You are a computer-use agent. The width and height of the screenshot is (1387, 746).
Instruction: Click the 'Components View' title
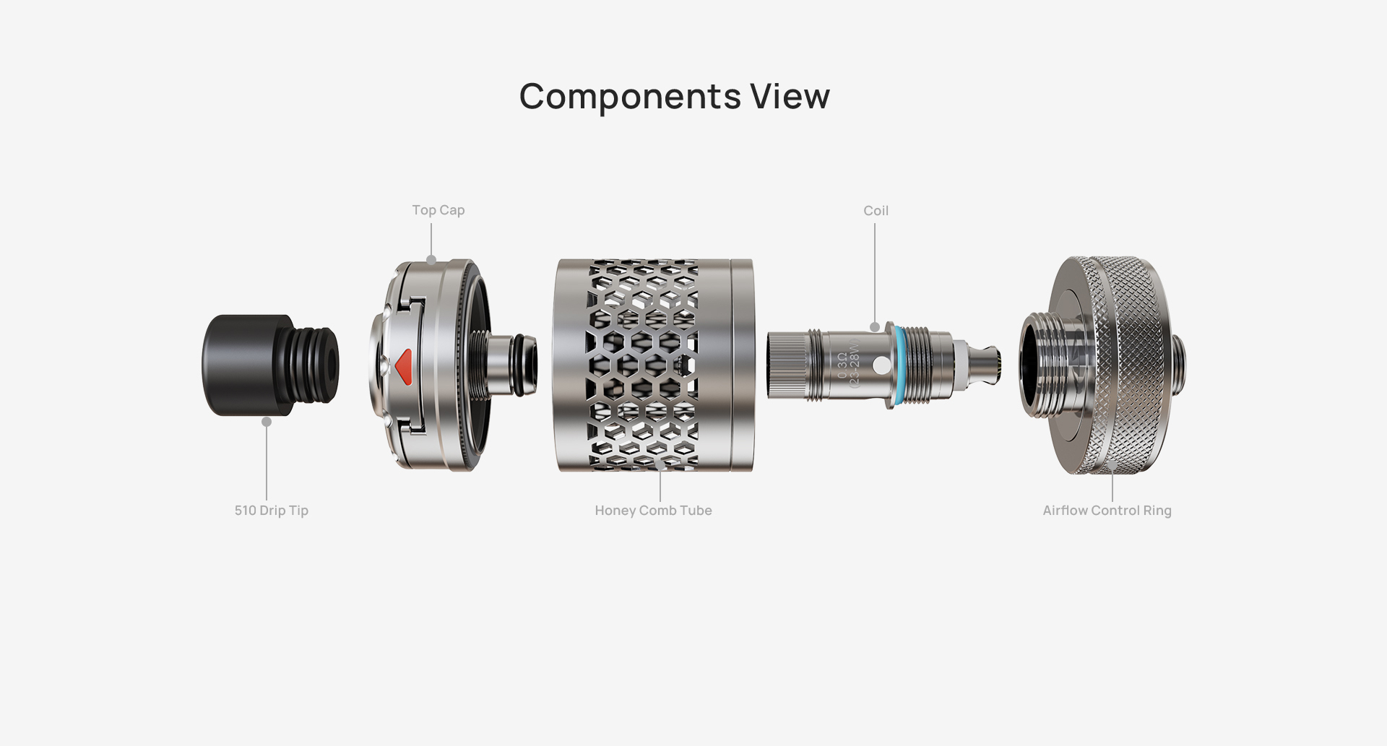(675, 97)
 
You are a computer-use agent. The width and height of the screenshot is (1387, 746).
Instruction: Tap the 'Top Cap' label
(438, 210)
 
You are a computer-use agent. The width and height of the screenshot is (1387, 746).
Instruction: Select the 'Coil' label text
(876, 211)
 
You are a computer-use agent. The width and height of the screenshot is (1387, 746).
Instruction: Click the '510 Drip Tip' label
(272, 511)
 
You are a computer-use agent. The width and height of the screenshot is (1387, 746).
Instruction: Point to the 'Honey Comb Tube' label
(654, 511)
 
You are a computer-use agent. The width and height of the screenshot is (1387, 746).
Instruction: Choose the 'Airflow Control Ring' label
(1107, 511)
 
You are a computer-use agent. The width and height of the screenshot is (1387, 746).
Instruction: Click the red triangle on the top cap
(403, 365)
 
